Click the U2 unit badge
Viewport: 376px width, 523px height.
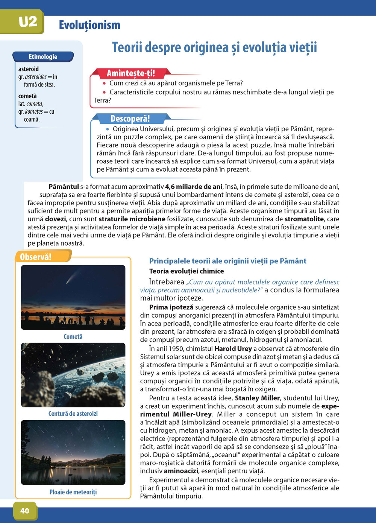pyautogui.click(x=28, y=22)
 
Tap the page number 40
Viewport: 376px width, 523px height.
pyautogui.click(x=24, y=511)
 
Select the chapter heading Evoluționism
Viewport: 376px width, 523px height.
pyautogui.click(x=89, y=25)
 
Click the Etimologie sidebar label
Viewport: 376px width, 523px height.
pyautogui.click(x=43, y=57)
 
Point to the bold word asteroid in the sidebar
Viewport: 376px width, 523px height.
pyautogui.click(x=29, y=69)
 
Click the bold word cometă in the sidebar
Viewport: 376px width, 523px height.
pyautogui.click(x=27, y=96)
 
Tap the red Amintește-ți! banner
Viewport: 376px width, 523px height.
pyautogui.click(x=130, y=73)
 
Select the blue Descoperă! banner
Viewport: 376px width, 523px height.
pyautogui.click(x=130, y=119)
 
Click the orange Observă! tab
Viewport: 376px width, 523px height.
pyautogui.click(x=36, y=257)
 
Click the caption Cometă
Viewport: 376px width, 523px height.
pyautogui.click(x=73, y=336)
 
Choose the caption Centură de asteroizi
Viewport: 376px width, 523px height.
pyautogui.click(x=73, y=414)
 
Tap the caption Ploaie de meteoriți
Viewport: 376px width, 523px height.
pyautogui.click(x=73, y=492)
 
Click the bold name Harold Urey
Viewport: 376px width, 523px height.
pyautogui.click(x=233, y=349)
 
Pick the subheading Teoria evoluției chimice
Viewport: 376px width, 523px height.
pyautogui.click(x=186, y=271)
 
